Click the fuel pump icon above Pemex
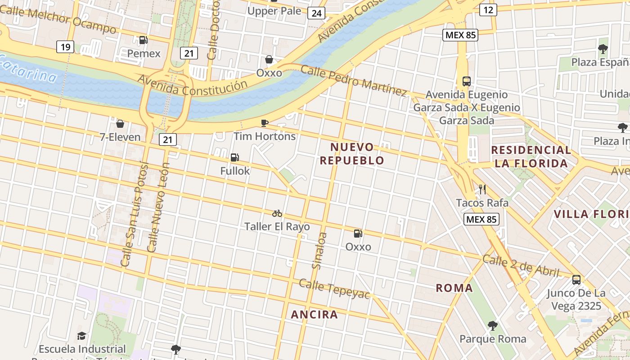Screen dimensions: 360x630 (144, 40)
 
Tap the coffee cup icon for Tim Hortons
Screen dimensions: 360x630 (265, 123)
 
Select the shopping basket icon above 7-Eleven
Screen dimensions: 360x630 (120, 123)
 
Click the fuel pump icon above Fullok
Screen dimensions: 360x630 (234, 157)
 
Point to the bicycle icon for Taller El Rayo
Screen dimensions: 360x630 (277, 213)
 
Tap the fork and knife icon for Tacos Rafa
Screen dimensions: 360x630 (482, 189)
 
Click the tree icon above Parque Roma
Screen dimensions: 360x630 (493, 325)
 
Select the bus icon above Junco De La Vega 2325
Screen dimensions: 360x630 (576, 280)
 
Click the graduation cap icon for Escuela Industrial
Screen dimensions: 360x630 (81, 336)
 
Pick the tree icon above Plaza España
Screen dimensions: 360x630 (603, 49)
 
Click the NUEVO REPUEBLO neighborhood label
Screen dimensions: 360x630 (352, 153)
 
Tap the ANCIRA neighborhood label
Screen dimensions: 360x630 (315, 315)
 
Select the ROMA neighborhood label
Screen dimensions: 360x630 (454, 288)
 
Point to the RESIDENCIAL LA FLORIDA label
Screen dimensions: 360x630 (531, 156)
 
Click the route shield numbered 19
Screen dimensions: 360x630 (66, 47)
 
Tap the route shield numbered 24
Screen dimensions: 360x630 (316, 13)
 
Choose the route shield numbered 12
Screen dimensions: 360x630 (488, 9)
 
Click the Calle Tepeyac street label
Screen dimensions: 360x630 (334, 288)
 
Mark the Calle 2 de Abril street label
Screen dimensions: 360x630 (521, 266)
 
